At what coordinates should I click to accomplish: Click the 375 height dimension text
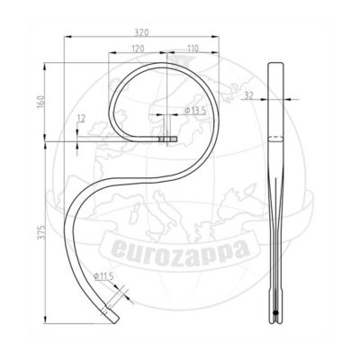click(40, 231)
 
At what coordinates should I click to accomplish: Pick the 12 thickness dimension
click(81, 118)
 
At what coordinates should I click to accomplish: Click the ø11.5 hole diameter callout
click(104, 276)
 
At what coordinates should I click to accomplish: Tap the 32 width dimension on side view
click(247, 92)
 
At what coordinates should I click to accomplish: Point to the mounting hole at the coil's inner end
click(166, 140)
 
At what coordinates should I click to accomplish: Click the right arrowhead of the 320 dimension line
click(220, 37)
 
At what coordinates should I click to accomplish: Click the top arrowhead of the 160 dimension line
click(47, 62)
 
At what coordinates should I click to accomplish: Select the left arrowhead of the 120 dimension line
click(110, 53)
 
